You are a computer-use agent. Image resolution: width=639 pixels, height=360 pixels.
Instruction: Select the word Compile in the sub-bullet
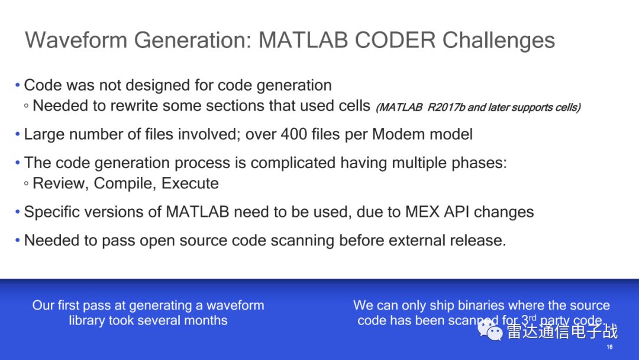[x=125, y=184]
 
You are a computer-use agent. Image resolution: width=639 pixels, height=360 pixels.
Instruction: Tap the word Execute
[x=190, y=183]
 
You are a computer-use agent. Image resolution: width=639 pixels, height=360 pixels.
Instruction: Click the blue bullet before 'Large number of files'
[x=18, y=134]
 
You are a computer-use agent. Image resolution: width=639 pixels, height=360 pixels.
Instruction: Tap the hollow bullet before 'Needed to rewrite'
[x=26, y=106]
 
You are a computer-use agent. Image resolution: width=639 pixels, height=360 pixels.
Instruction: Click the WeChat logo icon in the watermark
[x=490, y=329]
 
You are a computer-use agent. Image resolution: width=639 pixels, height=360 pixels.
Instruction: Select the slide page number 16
[x=609, y=347]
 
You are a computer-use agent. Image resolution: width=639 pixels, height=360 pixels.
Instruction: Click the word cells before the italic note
[x=354, y=105]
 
